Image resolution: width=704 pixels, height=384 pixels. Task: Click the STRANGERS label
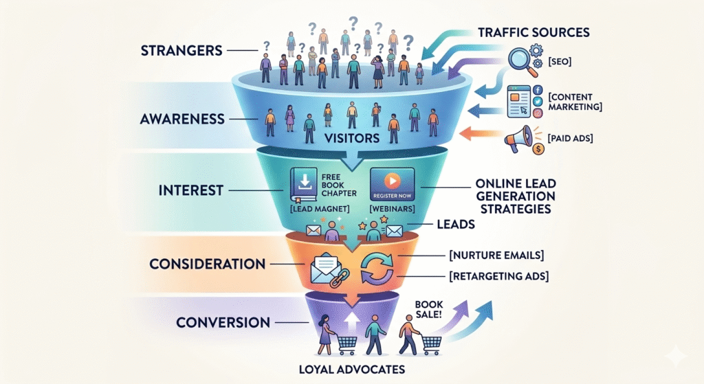[180, 51]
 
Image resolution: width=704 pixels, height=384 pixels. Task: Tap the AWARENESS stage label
[183, 118]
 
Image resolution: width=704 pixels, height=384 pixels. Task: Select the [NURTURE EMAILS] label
[496, 256]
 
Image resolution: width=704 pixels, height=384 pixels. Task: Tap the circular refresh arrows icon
[377, 268]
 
